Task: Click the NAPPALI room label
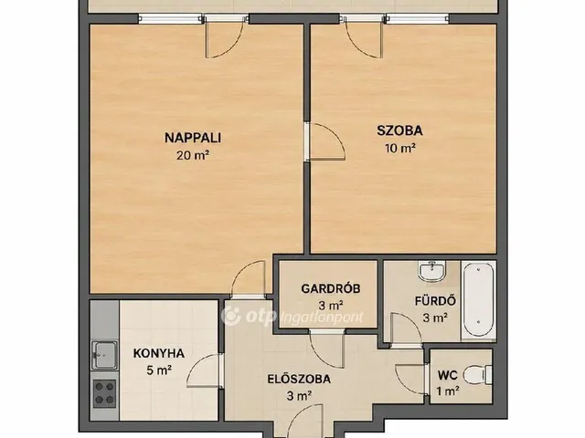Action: point(193,138)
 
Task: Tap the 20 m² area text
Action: point(193,155)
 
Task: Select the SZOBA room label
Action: point(399,130)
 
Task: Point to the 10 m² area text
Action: point(400,148)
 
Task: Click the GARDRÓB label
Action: point(331,288)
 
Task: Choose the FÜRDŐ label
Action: point(435,300)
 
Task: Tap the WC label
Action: point(447,375)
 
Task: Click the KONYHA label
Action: point(159,353)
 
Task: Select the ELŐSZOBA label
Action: point(299,380)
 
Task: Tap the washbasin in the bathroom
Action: point(432,271)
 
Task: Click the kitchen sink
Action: point(105,354)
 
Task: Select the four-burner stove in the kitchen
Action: point(104,393)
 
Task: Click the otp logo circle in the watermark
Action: point(231,317)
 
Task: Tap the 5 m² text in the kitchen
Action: point(159,370)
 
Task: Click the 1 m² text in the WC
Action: point(448,391)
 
